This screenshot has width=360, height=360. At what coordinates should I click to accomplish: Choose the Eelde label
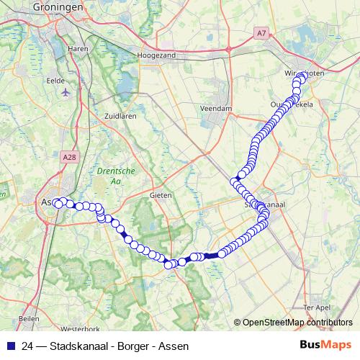point(55,81)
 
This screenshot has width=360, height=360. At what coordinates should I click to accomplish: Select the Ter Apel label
point(317,307)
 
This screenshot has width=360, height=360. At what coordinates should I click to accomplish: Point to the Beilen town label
point(28,318)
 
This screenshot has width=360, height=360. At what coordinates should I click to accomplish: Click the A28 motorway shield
point(70,156)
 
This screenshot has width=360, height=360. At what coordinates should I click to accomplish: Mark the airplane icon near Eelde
point(66,93)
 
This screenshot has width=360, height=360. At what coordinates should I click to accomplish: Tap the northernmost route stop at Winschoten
point(302,75)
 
